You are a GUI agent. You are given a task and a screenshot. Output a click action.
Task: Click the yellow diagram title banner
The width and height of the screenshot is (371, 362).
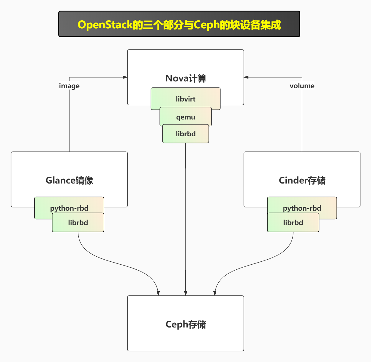tap(179, 24)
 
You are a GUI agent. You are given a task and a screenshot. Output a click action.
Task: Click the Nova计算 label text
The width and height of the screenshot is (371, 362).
tap(186, 78)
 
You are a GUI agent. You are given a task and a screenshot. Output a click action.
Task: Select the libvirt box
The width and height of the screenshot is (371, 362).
tap(186, 99)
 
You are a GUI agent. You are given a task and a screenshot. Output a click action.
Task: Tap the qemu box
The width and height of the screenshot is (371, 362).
tap(186, 117)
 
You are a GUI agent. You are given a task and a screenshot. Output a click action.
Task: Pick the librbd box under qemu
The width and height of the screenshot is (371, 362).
tap(186, 134)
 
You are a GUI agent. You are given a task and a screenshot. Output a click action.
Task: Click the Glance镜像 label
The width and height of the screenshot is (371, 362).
tap(69, 180)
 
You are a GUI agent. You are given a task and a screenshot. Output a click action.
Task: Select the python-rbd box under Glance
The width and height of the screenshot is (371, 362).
tap(69, 208)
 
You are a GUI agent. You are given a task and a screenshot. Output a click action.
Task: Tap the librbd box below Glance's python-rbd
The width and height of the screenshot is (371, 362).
tap(78, 223)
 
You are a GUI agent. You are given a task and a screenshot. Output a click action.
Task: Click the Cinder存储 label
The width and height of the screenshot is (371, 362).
tap(302, 180)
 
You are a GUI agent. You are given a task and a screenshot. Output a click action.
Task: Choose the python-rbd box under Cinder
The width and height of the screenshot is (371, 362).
tap(302, 208)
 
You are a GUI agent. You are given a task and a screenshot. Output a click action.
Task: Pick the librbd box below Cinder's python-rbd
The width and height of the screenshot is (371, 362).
tap(293, 223)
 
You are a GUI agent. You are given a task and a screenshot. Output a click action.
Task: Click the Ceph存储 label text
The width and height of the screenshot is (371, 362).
tap(186, 324)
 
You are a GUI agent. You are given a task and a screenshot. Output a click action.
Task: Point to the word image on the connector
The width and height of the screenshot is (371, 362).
tap(69, 86)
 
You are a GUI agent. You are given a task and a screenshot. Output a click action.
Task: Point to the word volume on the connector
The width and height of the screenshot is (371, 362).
tap(302, 86)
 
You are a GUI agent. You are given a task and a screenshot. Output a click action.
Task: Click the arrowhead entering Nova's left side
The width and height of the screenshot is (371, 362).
tap(125, 77)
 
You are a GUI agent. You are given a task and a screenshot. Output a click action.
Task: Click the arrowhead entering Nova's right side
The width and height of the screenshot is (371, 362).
tap(246, 77)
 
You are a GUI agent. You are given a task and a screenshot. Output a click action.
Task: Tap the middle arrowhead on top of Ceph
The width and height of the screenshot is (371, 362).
tap(186, 293)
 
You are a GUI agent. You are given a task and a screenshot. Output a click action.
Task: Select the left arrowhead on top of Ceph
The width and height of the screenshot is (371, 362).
tap(158, 293)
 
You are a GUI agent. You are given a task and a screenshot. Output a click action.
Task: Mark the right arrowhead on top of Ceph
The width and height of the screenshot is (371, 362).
tap(215, 293)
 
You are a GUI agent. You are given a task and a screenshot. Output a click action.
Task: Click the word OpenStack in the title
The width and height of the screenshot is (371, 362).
tap(105, 25)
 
